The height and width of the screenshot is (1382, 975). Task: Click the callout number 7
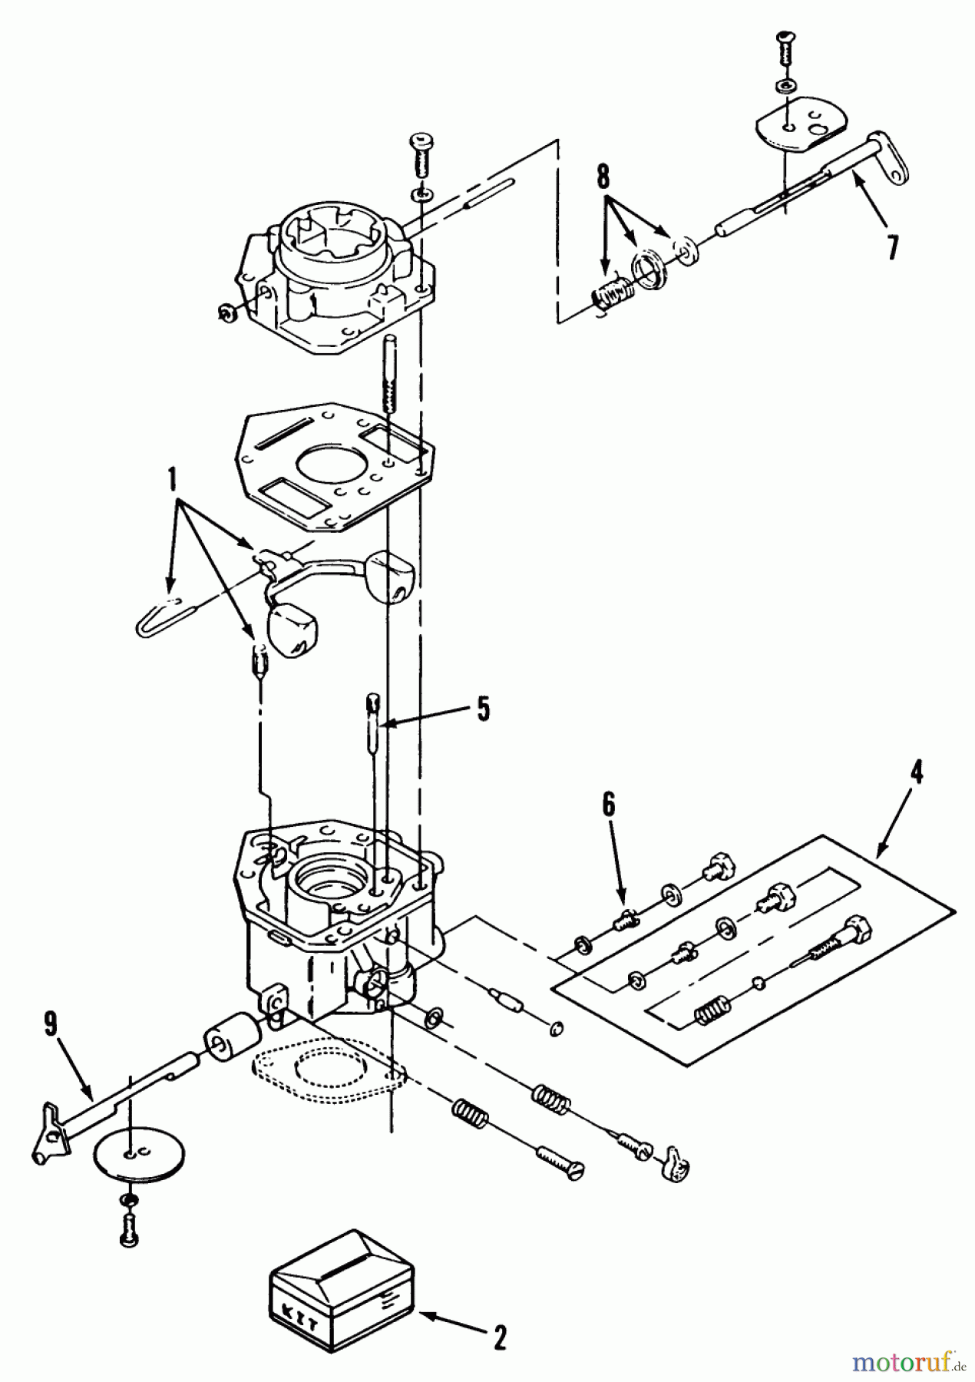coord(891,248)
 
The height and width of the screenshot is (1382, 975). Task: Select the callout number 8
coord(603,178)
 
